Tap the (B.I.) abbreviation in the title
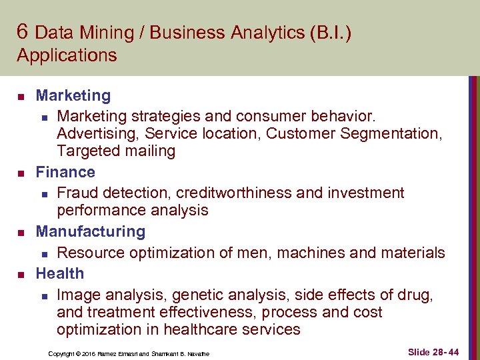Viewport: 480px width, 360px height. [x=330, y=33]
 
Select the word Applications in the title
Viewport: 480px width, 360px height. [x=67, y=55]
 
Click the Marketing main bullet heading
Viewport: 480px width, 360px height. [x=73, y=96]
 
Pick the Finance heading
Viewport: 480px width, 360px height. [x=65, y=172]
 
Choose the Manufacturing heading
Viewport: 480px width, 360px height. [x=90, y=231]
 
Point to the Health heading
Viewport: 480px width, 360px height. [x=59, y=273]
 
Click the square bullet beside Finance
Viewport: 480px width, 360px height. [x=21, y=173]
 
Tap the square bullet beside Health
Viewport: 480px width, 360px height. [x=21, y=275]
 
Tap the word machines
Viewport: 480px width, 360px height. [x=309, y=253]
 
